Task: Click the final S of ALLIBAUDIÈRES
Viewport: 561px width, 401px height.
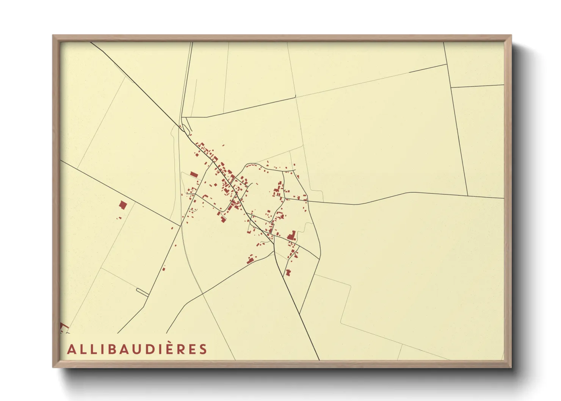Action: click(203, 349)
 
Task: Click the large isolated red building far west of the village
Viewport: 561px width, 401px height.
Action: click(122, 205)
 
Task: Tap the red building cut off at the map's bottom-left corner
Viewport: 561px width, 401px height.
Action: click(63, 327)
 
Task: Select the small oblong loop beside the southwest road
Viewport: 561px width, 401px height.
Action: click(142, 291)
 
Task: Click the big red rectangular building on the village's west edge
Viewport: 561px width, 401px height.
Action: click(194, 175)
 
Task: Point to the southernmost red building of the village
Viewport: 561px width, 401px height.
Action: click(288, 273)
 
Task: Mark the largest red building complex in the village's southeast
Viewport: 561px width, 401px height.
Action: click(292, 236)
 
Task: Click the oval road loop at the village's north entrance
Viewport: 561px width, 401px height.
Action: click(186, 128)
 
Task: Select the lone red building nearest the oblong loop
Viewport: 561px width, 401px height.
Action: click(164, 269)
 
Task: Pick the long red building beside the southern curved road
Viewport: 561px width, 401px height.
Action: click(250, 260)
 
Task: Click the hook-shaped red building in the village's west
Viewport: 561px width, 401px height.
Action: click(206, 196)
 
